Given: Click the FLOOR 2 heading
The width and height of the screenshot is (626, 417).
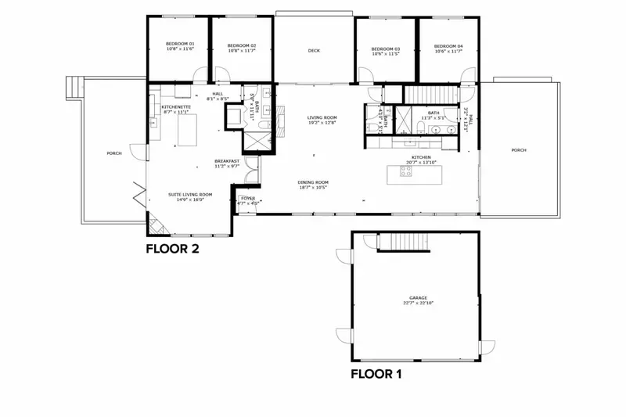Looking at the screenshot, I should click(x=173, y=250).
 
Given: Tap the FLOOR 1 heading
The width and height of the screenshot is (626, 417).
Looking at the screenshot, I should click(x=376, y=374).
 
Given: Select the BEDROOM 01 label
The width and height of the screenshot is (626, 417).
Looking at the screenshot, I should click(x=180, y=45).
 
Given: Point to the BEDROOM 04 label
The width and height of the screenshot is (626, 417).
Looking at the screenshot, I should click(x=448, y=46).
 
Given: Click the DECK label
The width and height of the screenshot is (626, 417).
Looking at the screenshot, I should click(x=314, y=51).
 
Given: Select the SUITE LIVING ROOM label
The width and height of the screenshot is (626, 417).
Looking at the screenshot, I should click(x=190, y=195).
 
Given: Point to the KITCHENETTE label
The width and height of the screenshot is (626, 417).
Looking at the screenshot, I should click(x=175, y=107).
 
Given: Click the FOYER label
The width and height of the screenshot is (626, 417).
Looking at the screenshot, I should click(x=248, y=199).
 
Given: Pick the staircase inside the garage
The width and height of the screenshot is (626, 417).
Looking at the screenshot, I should click(x=405, y=243).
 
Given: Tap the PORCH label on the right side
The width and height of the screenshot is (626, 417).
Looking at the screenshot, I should click(x=519, y=150).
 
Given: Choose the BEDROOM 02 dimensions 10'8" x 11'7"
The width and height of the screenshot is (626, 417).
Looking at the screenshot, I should click(x=242, y=50).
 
